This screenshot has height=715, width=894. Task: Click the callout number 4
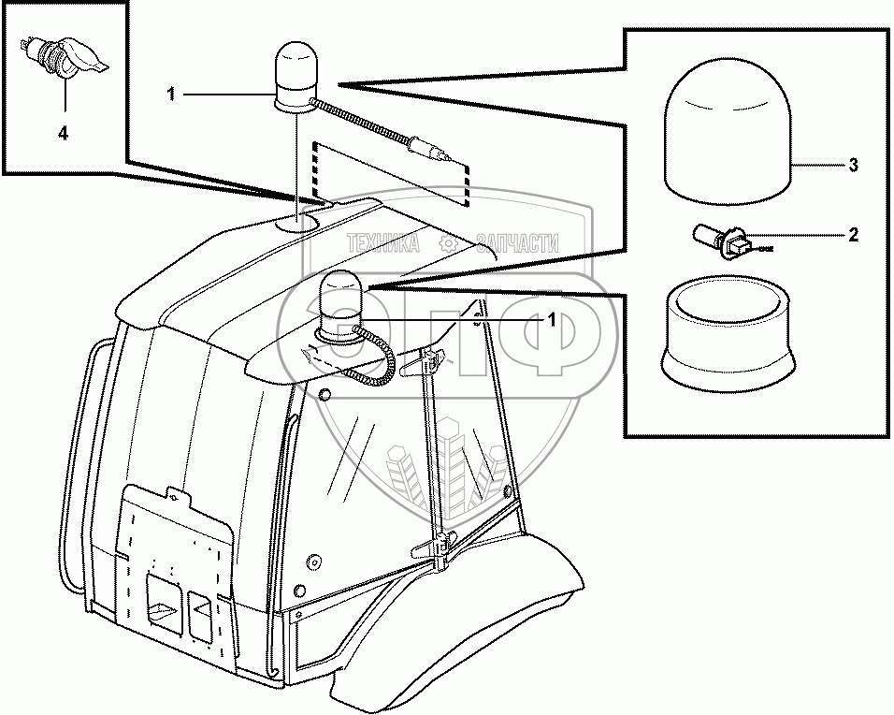click(x=64, y=133)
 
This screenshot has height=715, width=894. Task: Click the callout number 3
click(x=853, y=167)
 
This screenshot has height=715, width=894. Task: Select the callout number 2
click(x=853, y=235)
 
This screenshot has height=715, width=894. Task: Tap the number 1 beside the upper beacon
click(x=171, y=94)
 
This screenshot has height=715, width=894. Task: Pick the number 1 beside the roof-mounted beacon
click(x=552, y=320)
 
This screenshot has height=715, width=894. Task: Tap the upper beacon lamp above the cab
click(x=295, y=74)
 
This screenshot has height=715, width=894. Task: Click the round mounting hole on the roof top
click(x=298, y=222)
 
